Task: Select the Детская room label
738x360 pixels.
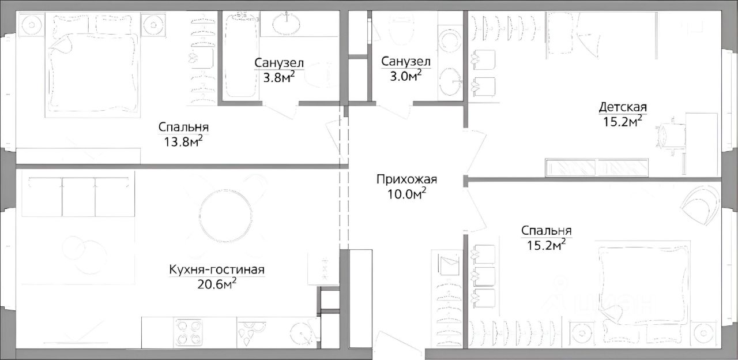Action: (623, 107)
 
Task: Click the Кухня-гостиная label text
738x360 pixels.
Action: (217, 269)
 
